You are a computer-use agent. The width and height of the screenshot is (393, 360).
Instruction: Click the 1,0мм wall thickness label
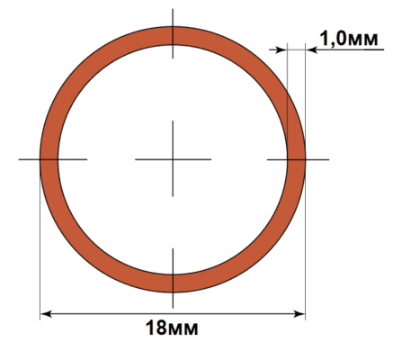pyautogui.click(x=349, y=39)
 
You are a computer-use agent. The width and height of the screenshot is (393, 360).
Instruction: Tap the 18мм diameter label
pyautogui.click(x=172, y=328)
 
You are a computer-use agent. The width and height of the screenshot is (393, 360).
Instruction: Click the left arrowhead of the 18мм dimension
pyautogui.click(x=46, y=314)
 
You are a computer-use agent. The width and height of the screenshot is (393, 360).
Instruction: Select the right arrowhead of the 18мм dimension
pyautogui.click(x=299, y=314)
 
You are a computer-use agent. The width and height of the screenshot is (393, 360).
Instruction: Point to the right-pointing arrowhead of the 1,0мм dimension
pyautogui.click(x=281, y=49)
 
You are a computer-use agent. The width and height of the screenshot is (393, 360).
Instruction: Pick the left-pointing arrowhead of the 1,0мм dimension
pyautogui.click(x=311, y=49)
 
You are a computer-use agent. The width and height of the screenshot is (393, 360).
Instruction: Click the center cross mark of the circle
pyautogui.click(x=173, y=159)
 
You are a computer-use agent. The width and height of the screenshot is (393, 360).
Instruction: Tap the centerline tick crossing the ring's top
pyautogui.click(x=173, y=33)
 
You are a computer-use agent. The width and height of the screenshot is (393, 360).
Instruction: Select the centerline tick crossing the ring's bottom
pyautogui.click(x=173, y=278)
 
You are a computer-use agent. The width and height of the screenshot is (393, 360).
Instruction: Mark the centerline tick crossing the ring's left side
pyautogui.click(x=53, y=159)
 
